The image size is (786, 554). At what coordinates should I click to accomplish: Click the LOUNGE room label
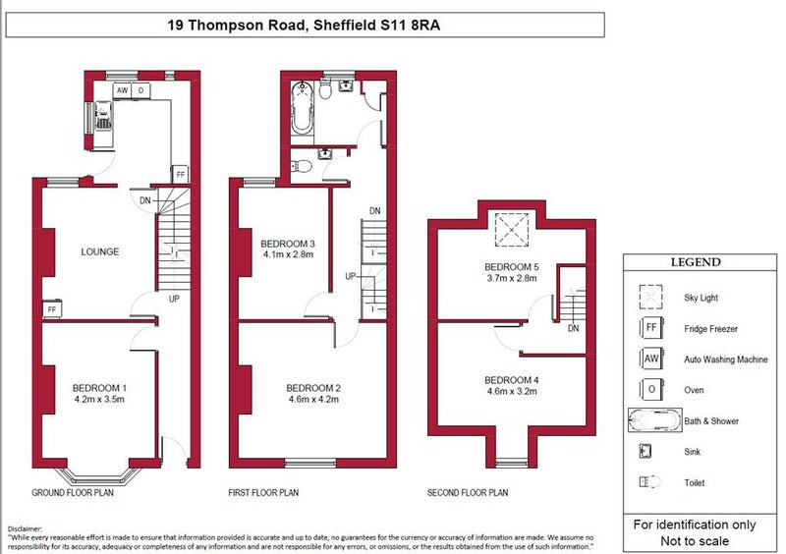click(100, 251)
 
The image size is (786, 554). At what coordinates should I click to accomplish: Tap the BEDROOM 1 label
click(99, 388)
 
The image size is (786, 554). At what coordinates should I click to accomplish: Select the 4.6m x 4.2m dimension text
click(313, 400)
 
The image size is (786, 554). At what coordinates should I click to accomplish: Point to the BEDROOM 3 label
click(288, 245)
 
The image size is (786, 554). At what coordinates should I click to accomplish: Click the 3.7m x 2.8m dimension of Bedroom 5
click(512, 278)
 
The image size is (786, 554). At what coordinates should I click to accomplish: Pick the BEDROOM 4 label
click(512, 380)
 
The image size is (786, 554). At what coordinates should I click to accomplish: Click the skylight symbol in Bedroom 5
click(512, 230)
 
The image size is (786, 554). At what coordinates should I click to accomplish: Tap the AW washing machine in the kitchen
click(122, 90)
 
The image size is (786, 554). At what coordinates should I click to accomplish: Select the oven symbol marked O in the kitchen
click(140, 90)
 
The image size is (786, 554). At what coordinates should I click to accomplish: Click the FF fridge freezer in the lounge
click(52, 309)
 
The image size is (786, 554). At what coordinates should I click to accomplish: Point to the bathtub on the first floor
click(303, 107)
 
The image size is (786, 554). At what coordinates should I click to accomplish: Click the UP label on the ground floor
click(174, 299)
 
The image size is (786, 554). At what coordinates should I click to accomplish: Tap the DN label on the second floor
click(574, 328)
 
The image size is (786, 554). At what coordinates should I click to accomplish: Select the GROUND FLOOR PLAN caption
click(73, 493)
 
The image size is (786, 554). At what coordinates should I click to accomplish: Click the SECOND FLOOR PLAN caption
click(468, 493)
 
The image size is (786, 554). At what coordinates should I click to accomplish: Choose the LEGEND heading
click(696, 262)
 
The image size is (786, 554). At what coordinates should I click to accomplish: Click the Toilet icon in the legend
click(650, 482)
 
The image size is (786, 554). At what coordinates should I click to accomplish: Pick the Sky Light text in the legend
click(701, 298)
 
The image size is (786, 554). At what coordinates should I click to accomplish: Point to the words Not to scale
click(695, 541)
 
